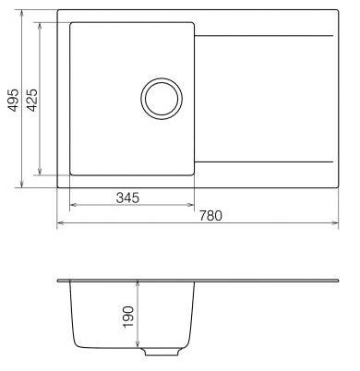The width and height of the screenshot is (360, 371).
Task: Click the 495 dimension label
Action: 13,100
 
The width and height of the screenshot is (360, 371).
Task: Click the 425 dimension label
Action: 32,100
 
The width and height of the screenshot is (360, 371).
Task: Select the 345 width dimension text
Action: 127,197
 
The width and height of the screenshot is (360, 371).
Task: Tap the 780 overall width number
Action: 210,216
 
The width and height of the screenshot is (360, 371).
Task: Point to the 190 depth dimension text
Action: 128,317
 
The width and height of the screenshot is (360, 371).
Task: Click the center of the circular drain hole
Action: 162,99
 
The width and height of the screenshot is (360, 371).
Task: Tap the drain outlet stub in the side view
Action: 162,352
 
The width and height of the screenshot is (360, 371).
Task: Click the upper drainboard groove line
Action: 264,36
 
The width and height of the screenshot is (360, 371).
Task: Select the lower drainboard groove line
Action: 264,162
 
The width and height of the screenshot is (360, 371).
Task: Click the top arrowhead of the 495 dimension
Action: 21,13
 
